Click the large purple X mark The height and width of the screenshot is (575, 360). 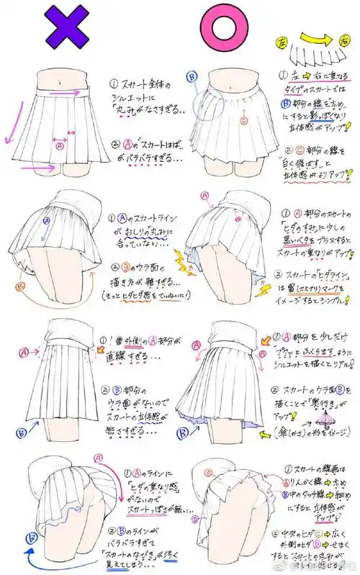point(69,31)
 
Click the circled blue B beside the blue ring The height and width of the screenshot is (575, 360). point(192,78)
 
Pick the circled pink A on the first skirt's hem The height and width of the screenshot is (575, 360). point(60,145)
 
